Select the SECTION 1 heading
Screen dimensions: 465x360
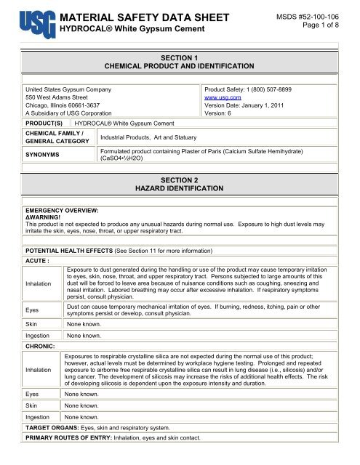180,55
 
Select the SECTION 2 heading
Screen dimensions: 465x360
180,179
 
